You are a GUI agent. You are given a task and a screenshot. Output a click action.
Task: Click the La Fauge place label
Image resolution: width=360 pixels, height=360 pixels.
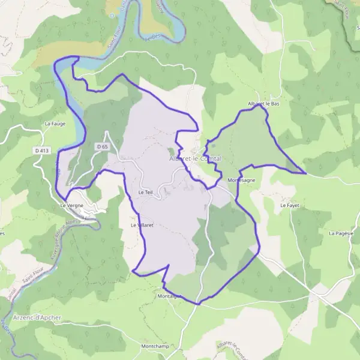coord(55,124)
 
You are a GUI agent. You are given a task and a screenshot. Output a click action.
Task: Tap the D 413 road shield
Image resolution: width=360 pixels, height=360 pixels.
coord(41,151)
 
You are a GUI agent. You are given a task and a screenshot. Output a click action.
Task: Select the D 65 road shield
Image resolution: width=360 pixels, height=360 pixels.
coord(101,146)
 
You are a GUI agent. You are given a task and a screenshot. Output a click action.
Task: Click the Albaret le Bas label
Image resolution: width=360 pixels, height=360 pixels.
coord(263,104)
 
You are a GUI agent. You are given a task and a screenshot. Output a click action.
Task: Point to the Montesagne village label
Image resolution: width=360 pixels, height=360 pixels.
coord(242,180)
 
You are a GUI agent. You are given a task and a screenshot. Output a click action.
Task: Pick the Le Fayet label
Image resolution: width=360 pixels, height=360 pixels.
coord(289,205)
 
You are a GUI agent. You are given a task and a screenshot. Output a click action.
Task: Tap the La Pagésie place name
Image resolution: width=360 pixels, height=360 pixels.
coord(341,233)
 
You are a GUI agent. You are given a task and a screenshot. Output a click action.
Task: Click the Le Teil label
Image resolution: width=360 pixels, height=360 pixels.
coord(146,193)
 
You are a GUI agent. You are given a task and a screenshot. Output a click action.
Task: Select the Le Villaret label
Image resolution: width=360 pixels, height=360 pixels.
coord(143,225)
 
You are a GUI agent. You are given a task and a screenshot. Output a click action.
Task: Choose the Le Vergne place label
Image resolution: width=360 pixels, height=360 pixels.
coord(72,205)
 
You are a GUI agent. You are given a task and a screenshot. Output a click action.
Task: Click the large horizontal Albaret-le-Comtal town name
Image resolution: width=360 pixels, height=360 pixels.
coord(195,158)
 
